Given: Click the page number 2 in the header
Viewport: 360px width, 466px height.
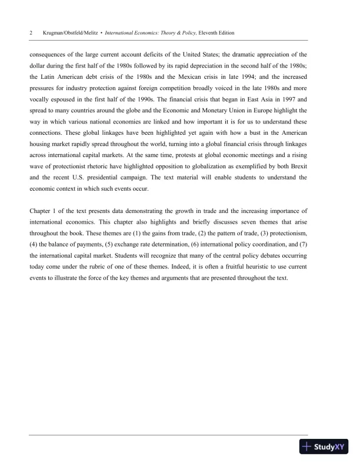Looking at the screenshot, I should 31,34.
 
